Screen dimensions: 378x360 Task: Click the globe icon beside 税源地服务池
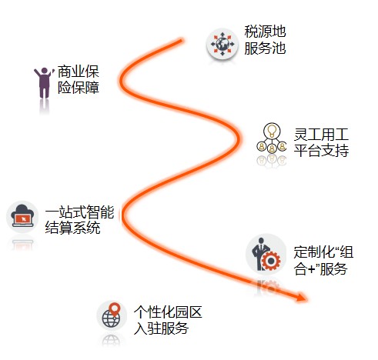point(222,44)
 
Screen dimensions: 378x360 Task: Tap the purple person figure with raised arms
point(44,82)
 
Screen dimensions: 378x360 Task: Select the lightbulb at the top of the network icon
point(272,130)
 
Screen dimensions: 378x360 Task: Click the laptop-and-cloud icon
point(22,216)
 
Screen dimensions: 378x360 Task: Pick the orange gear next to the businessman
point(271,261)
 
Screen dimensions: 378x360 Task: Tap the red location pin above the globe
point(115,309)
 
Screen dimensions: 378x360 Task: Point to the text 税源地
point(265,32)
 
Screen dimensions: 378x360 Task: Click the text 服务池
point(265,48)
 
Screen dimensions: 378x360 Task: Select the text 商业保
point(79,72)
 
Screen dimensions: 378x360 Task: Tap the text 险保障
point(79,88)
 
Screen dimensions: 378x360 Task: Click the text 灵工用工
point(321,135)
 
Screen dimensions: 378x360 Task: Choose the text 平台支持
point(321,151)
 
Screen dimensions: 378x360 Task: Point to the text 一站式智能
point(79,212)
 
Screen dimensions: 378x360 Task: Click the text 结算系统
point(72,228)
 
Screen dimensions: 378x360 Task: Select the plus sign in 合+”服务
point(312,269)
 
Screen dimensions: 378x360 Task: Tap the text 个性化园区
point(168,312)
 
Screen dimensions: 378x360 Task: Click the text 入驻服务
point(161,328)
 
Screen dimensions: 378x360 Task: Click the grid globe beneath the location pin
point(111,319)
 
